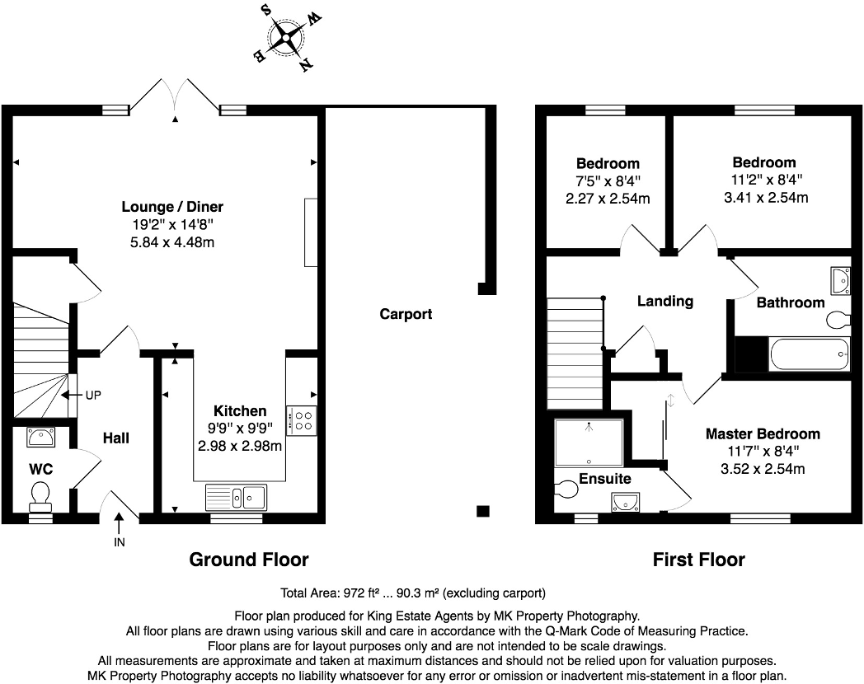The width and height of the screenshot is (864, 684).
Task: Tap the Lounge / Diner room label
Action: [171, 207]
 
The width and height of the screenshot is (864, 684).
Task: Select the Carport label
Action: [406, 314]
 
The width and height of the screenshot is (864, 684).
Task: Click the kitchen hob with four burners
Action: [302, 420]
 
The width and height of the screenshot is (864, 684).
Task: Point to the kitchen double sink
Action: [236, 497]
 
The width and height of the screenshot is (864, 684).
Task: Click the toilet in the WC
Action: [40, 495]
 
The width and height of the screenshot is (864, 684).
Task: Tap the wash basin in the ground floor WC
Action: [41, 435]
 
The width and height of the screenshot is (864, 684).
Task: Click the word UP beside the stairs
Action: [92, 395]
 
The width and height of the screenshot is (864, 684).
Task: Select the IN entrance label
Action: [120, 543]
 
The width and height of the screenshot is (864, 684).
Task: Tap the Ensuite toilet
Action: [568, 490]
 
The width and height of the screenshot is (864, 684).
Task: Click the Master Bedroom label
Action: [762, 434]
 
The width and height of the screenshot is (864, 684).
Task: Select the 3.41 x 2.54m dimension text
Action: [763, 197]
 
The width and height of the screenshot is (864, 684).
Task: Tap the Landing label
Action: [664, 301]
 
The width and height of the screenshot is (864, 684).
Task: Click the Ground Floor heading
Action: [249, 560]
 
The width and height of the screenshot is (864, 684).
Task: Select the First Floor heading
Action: [698, 560]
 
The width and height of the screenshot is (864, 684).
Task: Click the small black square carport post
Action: [483, 511]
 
